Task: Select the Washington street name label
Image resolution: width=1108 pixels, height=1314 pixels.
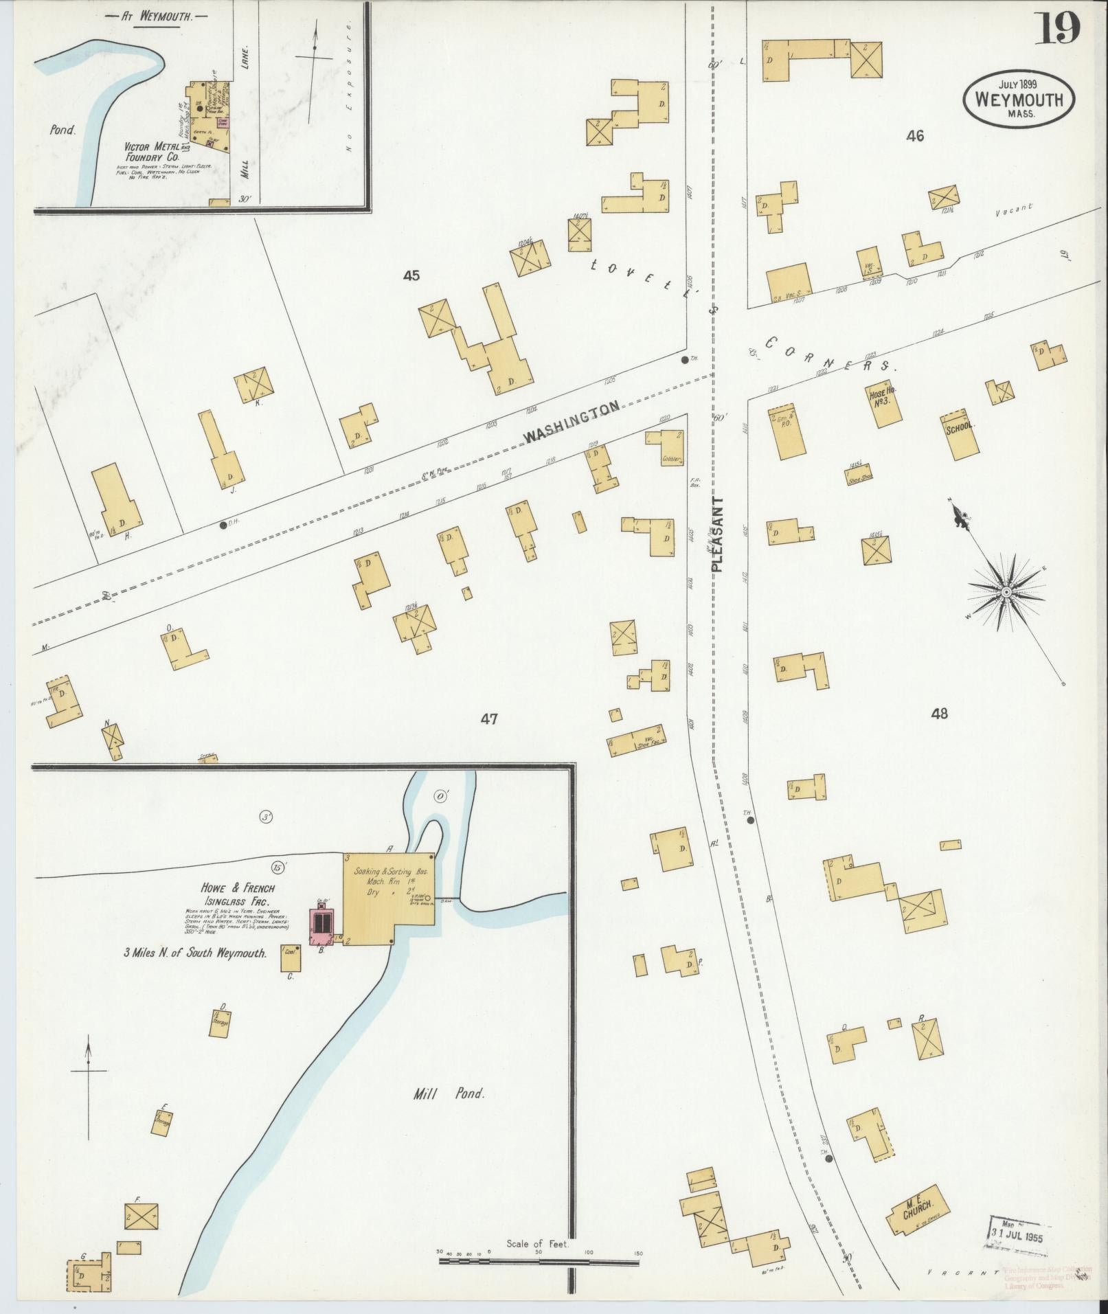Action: pyautogui.click(x=572, y=421)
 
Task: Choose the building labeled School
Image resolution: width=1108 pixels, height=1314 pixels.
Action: pyautogui.click(x=960, y=435)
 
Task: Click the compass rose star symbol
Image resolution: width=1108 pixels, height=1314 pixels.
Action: pyautogui.click(x=1006, y=592)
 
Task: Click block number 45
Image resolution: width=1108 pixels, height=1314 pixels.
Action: pyautogui.click(x=411, y=276)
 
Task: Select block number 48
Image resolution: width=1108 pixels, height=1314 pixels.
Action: pyautogui.click(x=939, y=714)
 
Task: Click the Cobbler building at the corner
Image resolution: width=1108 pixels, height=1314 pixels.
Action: pyautogui.click(x=666, y=448)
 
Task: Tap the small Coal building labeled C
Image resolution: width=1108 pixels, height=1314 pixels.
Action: pyautogui.click(x=291, y=958)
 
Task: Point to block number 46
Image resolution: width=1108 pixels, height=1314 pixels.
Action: pyautogui.click(x=914, y=136)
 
